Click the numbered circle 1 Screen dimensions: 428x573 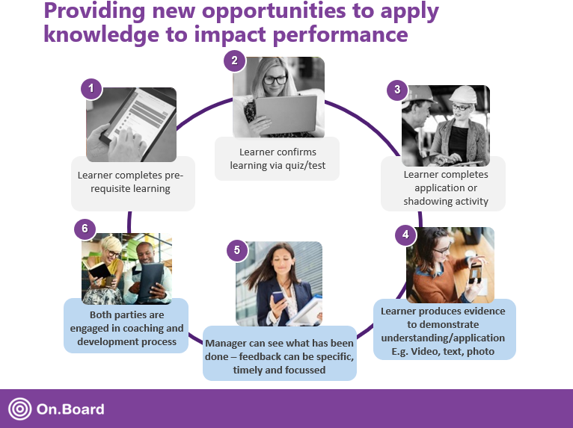91,90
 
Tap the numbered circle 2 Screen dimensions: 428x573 234,61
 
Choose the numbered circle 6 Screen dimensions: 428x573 85,226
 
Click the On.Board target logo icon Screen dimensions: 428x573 19,409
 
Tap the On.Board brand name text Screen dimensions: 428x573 70,409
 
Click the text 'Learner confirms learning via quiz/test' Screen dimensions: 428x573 276,159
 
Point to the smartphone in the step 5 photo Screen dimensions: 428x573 278,298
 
